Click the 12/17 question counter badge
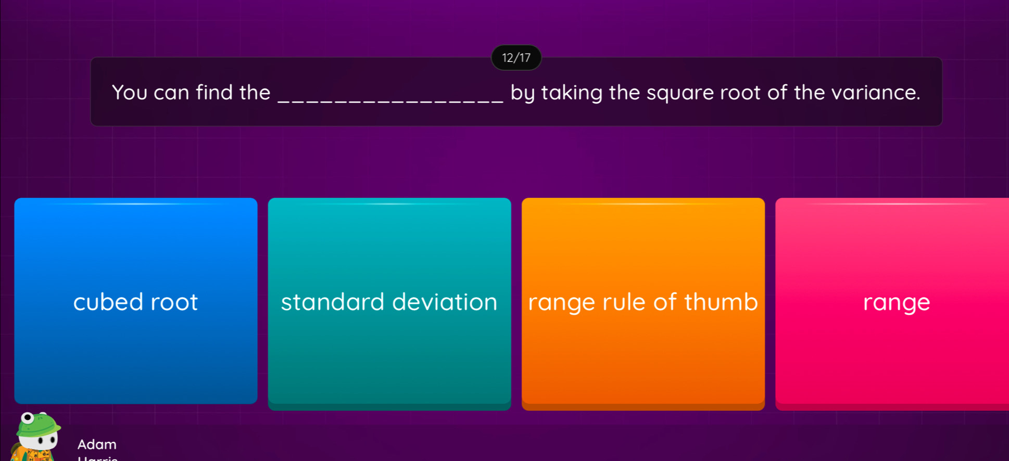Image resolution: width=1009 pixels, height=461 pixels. (516, 58)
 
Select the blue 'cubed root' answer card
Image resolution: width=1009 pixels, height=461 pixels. (136, 301)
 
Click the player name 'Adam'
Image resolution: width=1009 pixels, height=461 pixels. (97, 444)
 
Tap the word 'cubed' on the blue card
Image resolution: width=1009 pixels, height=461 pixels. (108, 302)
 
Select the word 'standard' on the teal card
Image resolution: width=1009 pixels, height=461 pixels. (332, 302)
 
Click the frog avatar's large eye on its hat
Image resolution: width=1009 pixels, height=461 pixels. (28, 418)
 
